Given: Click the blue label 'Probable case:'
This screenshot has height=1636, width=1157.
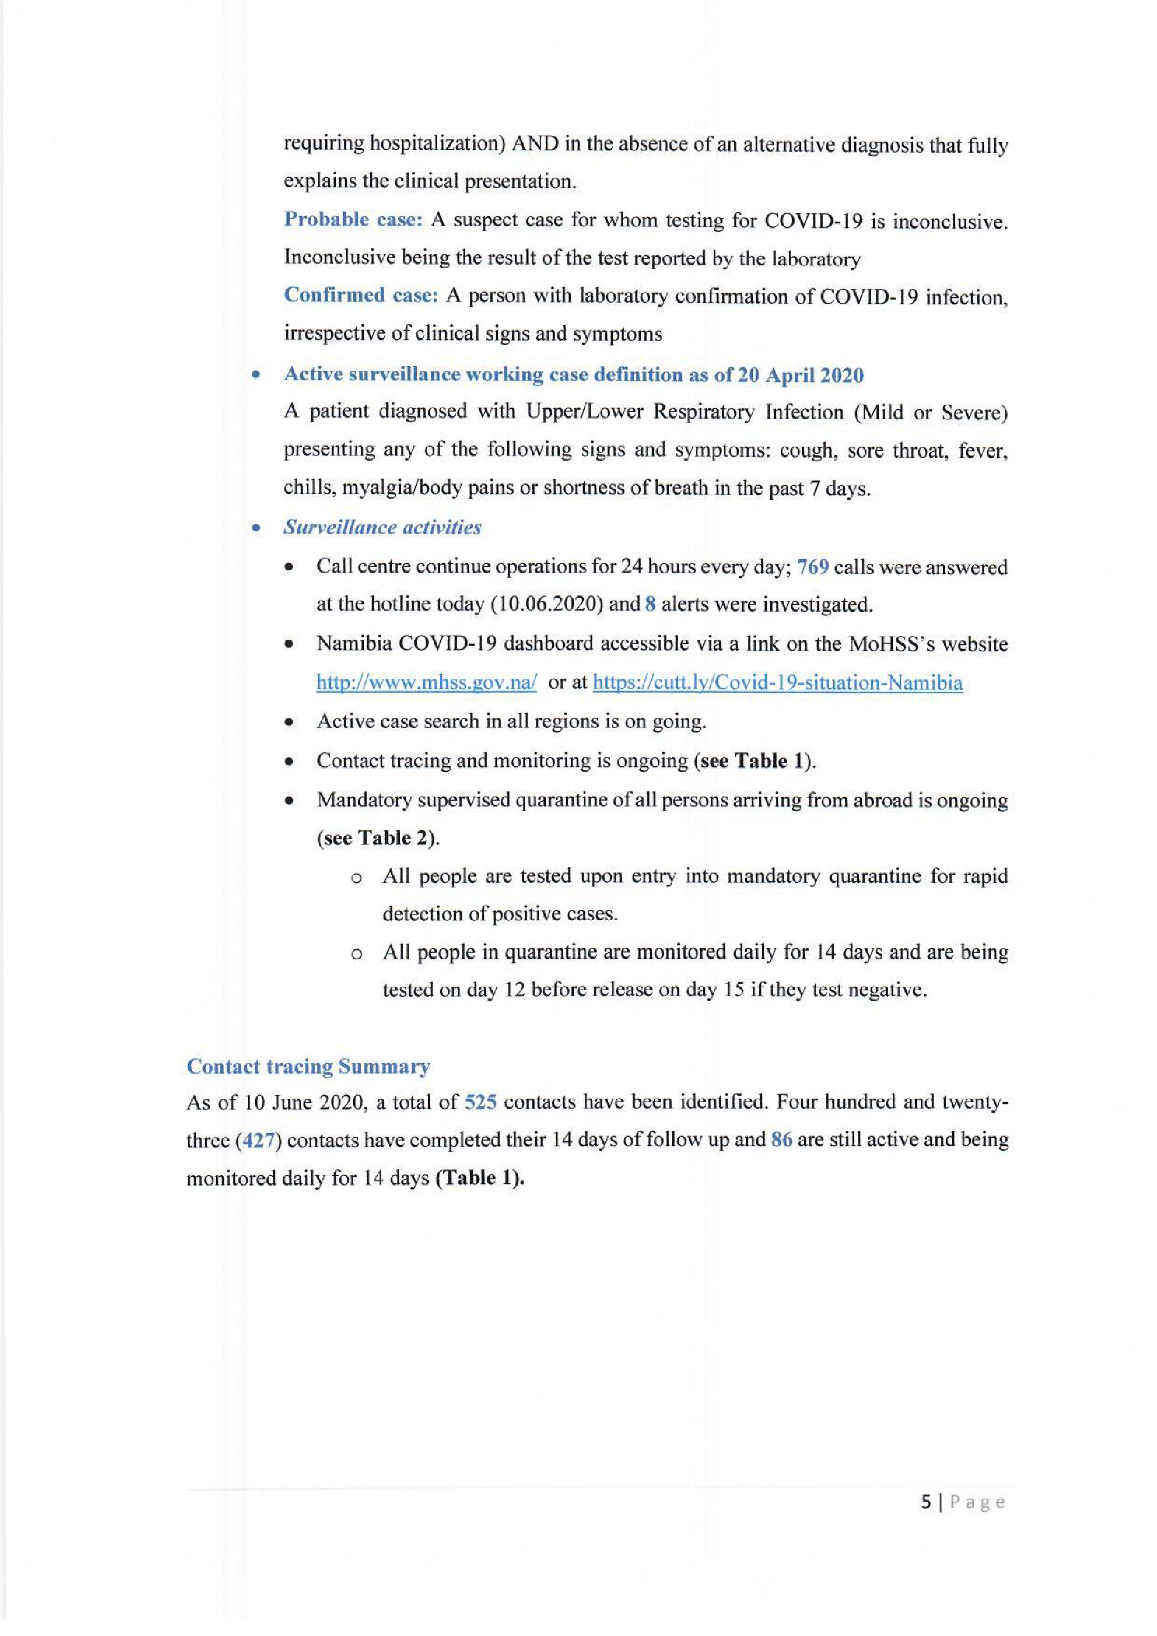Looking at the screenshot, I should (x=353, y=219).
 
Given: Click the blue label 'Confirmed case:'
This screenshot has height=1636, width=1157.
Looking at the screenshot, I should (x=360, y=295).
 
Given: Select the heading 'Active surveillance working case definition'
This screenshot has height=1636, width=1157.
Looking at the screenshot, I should (x=574, y=375).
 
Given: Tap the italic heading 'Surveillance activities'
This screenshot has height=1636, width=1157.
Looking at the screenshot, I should (x=382, y=527).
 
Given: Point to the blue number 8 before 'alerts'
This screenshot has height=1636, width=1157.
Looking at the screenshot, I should (x=650, y=605).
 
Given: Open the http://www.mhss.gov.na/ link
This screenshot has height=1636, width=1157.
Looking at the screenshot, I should (x=426, y=683).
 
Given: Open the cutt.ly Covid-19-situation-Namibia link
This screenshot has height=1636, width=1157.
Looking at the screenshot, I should (x=777, y=683).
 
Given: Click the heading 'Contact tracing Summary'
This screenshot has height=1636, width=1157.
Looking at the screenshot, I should (x=308, y=1067).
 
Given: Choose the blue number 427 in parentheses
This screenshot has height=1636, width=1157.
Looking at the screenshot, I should (x=259, y=1140).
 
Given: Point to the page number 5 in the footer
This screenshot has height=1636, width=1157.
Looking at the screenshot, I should (x=925, y=1502).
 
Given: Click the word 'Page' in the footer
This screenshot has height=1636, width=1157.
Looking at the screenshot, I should (x=977, y=1503).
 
